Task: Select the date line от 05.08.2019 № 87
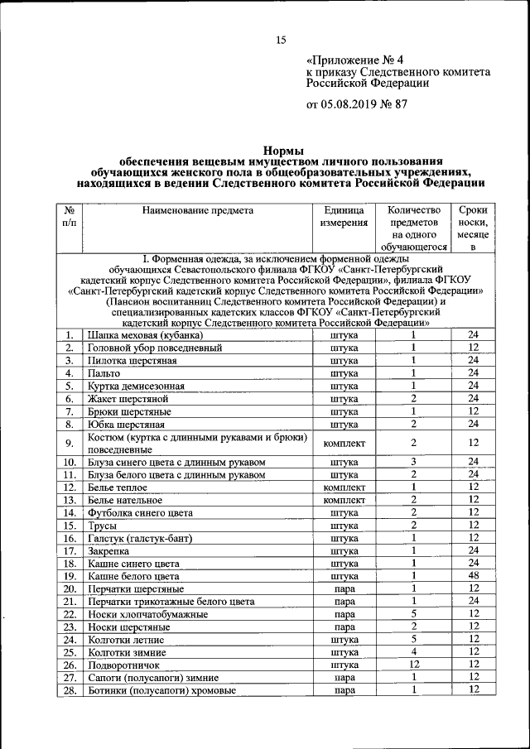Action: tap(357, 104)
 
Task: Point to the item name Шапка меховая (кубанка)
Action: tap(144, 336)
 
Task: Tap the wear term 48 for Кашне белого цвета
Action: tap(474, 576)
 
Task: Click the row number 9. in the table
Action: tap(70, 443)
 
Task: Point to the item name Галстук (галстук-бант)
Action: tap(139, 538)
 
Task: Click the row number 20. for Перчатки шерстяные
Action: tap(70, 588)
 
